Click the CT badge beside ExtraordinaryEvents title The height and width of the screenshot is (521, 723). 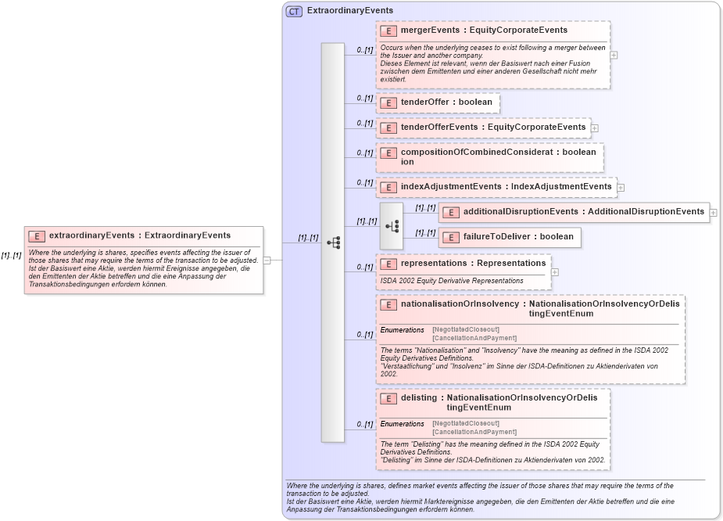pyautogui.click(x=294, y=11)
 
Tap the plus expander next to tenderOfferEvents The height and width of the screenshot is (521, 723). pyautogui.click(x=596, y=128)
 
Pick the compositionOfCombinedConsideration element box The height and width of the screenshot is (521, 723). pyautogui.click(x=490, y=157)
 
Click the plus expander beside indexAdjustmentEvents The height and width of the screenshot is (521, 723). pyautogui.click(x=621, y=187)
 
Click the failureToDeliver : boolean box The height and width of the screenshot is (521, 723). pyautogui.click(x=510, y=237)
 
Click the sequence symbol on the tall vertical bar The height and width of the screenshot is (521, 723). pyautogui.click(x=333, y=243)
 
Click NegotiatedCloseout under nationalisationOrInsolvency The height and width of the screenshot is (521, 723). pyautogui.click(x=466, y=329)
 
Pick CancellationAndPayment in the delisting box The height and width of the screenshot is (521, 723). pyautogui.click(x=474, y=432)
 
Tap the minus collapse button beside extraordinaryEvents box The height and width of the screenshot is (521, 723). pyautogui.click(x=267, y=260)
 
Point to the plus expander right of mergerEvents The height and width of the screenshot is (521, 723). pyautogui.click(x=614, y=56)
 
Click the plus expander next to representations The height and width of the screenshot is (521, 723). pyautogui.click(x=555, y=272)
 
